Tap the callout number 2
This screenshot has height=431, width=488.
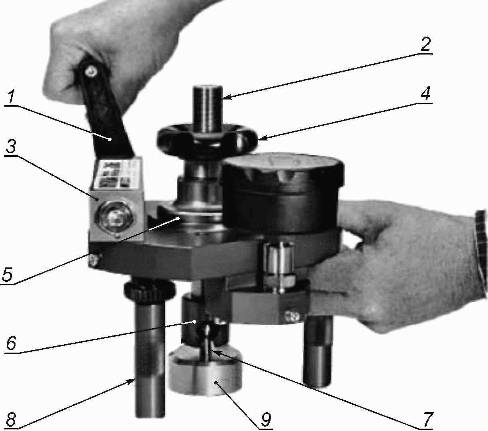425,43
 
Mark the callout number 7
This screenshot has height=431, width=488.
427,419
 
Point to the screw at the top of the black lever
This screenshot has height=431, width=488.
92,70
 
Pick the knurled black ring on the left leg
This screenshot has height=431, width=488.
150,290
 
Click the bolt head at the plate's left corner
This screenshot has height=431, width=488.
94,260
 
